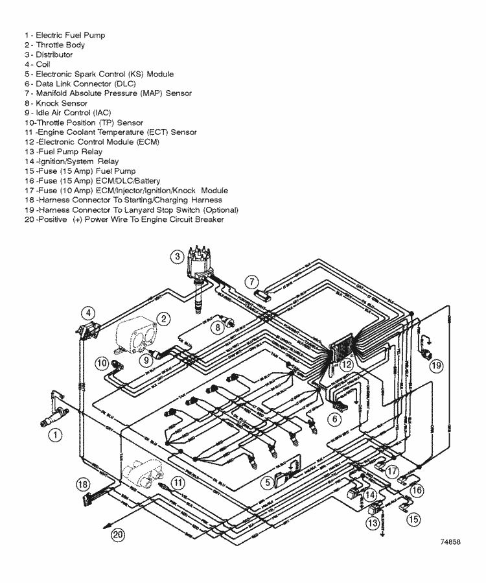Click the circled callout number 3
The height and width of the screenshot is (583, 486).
tap(176, 256)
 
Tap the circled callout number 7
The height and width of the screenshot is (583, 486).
tap(251, 282)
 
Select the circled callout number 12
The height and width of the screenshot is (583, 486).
tap(347, 365)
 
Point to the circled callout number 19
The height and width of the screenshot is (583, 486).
tap(436, 366)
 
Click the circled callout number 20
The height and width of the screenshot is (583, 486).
tap(117, 535)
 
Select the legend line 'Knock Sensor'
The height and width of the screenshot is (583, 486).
tap(61, 103)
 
